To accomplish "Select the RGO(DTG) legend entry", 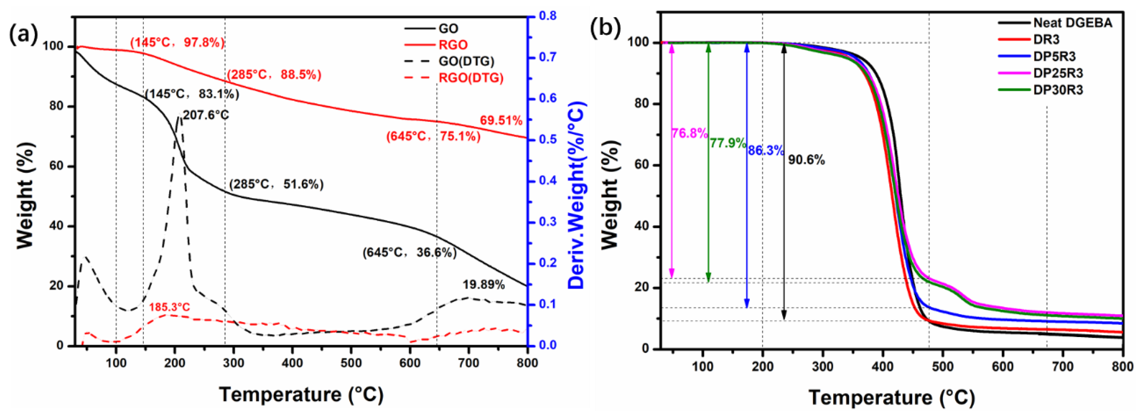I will pos(470,78).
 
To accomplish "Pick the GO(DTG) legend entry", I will pos(466,61).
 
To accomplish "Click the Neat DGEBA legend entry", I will pos(1073,23).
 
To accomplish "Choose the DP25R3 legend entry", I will pos(1058,73).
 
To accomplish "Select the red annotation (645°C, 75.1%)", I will pos(433,137).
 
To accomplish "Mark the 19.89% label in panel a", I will pos(483,285).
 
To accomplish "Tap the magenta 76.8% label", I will pos(689,133).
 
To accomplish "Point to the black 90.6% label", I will pos(806,159).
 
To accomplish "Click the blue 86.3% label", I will pos(766,151).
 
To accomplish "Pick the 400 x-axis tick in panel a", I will pos(292,363).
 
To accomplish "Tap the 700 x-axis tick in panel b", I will pos(1063,366).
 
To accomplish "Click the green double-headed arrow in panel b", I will pos(708,163).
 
